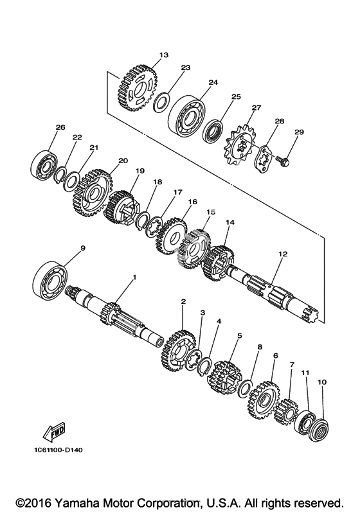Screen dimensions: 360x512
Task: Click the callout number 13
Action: pyautogui.click(x=164, y=55)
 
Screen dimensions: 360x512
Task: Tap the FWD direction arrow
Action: pyautogui.click(x=54, y=432)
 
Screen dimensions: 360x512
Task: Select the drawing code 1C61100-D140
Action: pyautogui.click(x=58, y=450)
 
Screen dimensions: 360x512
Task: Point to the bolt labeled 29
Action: pyautogui.click(x=283, y=160)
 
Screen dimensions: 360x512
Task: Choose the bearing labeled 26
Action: pyautogui.click(x=44, y=165)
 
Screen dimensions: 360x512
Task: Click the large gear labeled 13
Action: pyautogui.click(x=137, y=89)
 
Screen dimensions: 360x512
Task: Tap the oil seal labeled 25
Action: pyautogui.click(x=213, y=132)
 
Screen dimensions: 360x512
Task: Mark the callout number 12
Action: pyautogui.click(x=283, y=254)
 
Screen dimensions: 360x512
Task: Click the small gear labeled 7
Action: pyautogui.click(x=286, y=411)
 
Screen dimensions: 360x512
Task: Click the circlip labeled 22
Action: pyautogui.click(x=62, y=175)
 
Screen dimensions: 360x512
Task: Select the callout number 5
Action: pyautogui.click(x=240, y=335)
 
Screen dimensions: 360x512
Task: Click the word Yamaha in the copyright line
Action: pyautogui.click(x=74, y=502)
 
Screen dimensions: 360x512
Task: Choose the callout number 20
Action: pyautogui.click(x=123, y=161)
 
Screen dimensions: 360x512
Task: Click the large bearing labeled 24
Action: pyautogui.click(x=187, y=115)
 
